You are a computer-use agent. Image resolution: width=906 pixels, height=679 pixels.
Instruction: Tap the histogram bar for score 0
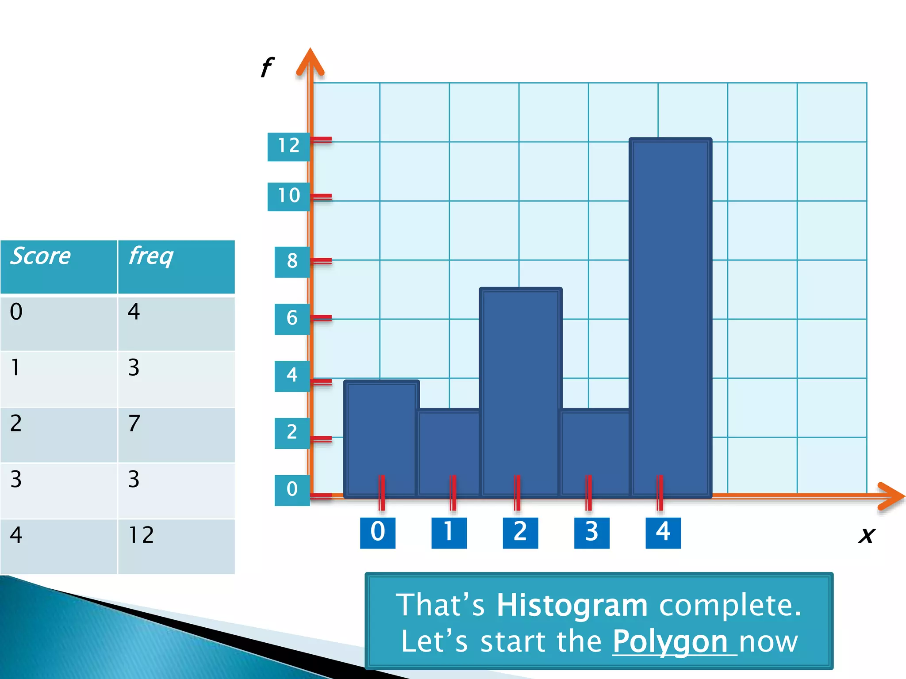pos(381,438)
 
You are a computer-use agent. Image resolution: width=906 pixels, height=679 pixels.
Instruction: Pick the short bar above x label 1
pos(449,451)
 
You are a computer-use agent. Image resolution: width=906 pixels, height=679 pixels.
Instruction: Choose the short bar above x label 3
pos(595,451)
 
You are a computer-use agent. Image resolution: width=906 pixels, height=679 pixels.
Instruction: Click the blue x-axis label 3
pos(591,533)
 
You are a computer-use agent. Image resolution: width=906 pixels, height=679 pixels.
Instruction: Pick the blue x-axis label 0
pos(377,533)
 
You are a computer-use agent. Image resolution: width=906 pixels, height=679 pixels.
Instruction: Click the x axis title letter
pos(867,535)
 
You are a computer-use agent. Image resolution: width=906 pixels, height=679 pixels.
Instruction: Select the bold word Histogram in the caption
pos(572,605)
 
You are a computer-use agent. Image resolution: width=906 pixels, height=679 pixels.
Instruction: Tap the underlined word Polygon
pos(670,642)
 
